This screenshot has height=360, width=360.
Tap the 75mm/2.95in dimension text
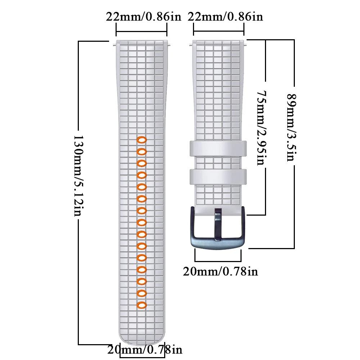(x=262, y=128)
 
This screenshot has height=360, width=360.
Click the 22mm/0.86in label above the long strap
(x=143, y=17)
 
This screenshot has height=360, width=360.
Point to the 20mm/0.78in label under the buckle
(x=220, y=271)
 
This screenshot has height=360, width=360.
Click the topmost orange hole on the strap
(x=141, y=140)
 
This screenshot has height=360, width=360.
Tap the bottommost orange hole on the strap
(x=141, y=305)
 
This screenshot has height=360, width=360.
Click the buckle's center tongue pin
(x=218, y=224)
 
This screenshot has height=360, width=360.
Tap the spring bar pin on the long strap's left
(x=114, y=45)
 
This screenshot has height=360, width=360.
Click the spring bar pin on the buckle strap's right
(x=247, y=45)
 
